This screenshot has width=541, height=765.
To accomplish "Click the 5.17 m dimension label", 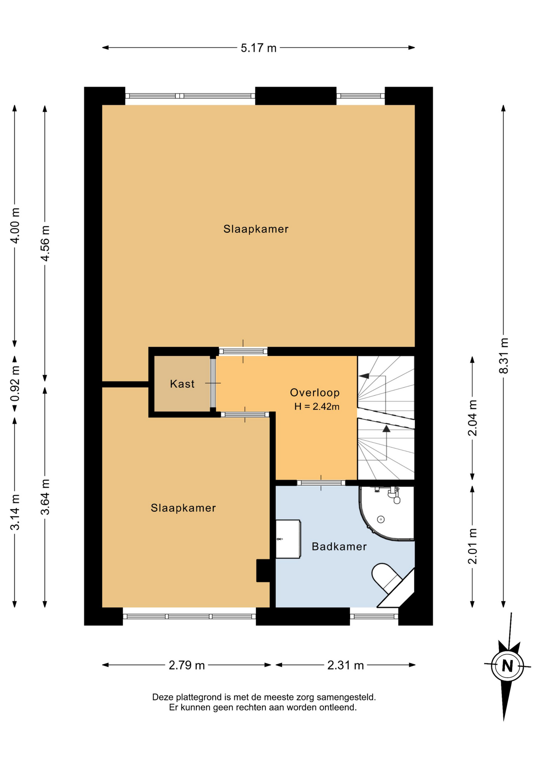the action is click(258, 48).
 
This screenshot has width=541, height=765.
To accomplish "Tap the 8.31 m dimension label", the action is click(504, 355).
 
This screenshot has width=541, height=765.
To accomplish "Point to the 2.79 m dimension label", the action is click(186, 665).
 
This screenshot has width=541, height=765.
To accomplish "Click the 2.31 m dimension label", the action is click(345, 665).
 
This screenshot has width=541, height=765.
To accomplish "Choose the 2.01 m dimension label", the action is click(472, 546).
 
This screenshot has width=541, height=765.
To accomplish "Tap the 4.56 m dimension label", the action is click(45, 243).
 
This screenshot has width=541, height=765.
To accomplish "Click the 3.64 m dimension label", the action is click(45, 497).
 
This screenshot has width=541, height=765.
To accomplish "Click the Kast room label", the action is click(182, 384).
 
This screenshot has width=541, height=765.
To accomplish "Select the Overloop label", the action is click(315, 392).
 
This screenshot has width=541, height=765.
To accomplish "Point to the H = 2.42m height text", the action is click(317, 406).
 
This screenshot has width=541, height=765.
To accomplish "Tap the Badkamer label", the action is click(339, 546).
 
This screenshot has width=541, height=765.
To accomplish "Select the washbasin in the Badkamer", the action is click(288, 539).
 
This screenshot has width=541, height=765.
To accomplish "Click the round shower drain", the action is click(381, 519).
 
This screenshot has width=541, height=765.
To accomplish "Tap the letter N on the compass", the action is click(507, 666).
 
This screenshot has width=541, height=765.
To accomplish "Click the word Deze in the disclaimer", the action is click(163, 697).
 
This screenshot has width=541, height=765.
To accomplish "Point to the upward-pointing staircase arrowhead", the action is click(386, 429).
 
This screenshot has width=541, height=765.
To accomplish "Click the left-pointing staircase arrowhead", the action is click(364, 375).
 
